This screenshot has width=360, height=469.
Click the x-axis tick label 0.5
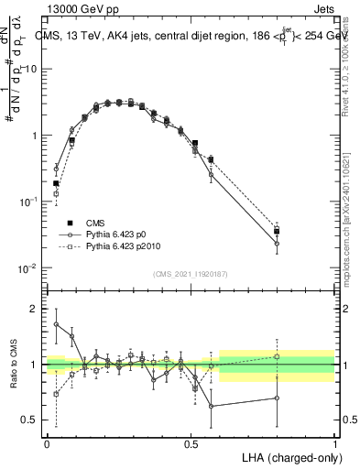(x=191, y=443)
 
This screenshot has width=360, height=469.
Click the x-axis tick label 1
(x=334, y=443)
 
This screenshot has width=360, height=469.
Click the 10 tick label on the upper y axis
(x=30, y=70)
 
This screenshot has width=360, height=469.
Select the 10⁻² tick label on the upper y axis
(x=28, y=268)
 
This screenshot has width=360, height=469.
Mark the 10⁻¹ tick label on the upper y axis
(x=28, y=202)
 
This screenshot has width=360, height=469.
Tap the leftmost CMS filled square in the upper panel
(x=56, y=183)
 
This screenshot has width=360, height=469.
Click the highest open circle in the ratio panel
(x=56, y=324)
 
